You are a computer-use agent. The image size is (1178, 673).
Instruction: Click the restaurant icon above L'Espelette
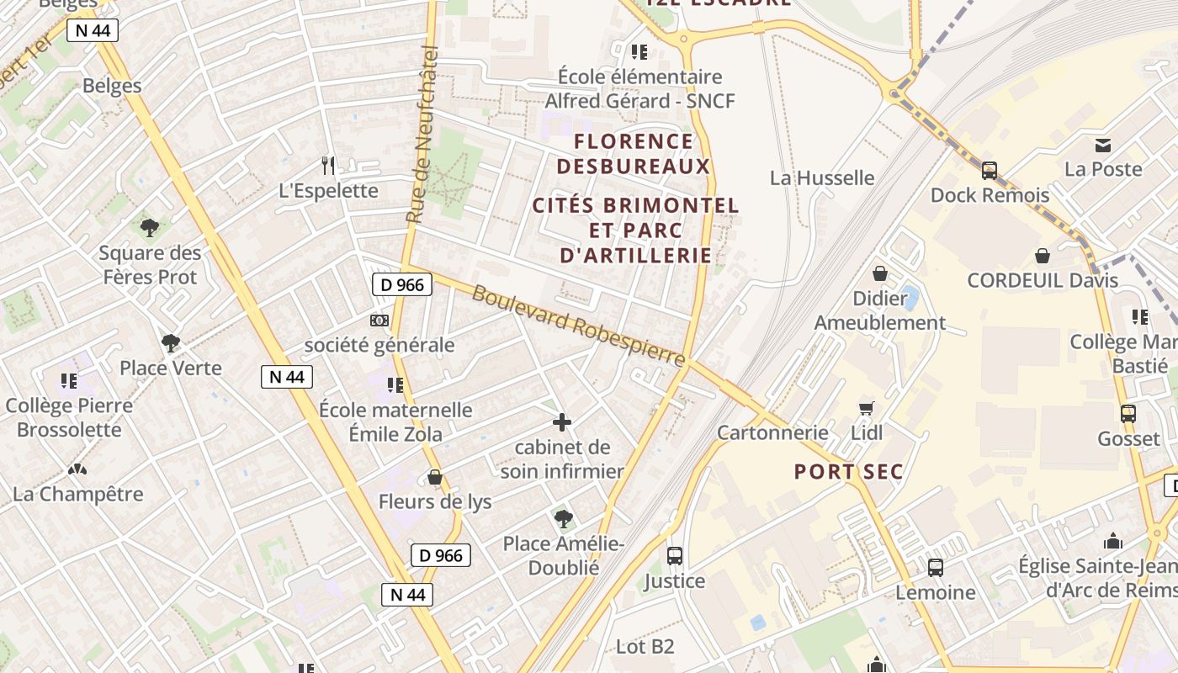328,165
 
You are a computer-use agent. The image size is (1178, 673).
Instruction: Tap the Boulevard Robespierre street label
579,326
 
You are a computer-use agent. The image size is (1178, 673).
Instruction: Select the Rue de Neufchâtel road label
424,135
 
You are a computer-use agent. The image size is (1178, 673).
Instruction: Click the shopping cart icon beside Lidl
867,408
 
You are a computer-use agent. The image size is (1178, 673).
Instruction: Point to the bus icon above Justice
675,555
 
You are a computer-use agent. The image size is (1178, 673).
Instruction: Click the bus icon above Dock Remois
990,171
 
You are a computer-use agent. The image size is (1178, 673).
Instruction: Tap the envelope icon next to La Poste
1103,145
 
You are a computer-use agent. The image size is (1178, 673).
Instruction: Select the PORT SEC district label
848,472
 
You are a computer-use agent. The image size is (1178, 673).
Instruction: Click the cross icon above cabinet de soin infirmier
562,422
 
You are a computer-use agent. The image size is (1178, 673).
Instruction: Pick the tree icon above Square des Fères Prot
150,227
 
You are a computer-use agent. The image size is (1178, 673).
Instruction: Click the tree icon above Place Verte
171,342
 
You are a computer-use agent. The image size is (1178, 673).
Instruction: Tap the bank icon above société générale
379,321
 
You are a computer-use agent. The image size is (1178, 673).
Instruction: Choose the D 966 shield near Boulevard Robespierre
402,284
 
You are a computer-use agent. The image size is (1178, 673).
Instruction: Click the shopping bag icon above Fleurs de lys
435,477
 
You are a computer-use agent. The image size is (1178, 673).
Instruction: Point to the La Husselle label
822,178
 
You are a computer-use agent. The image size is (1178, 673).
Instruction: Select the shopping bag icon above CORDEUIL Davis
1043,256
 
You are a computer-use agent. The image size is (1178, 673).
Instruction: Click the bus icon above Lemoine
936,567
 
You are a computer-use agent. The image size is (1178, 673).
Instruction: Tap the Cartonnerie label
772,432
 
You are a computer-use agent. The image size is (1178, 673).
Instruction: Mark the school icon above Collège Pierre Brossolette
69,381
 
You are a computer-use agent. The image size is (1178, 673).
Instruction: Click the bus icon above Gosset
1128,414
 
